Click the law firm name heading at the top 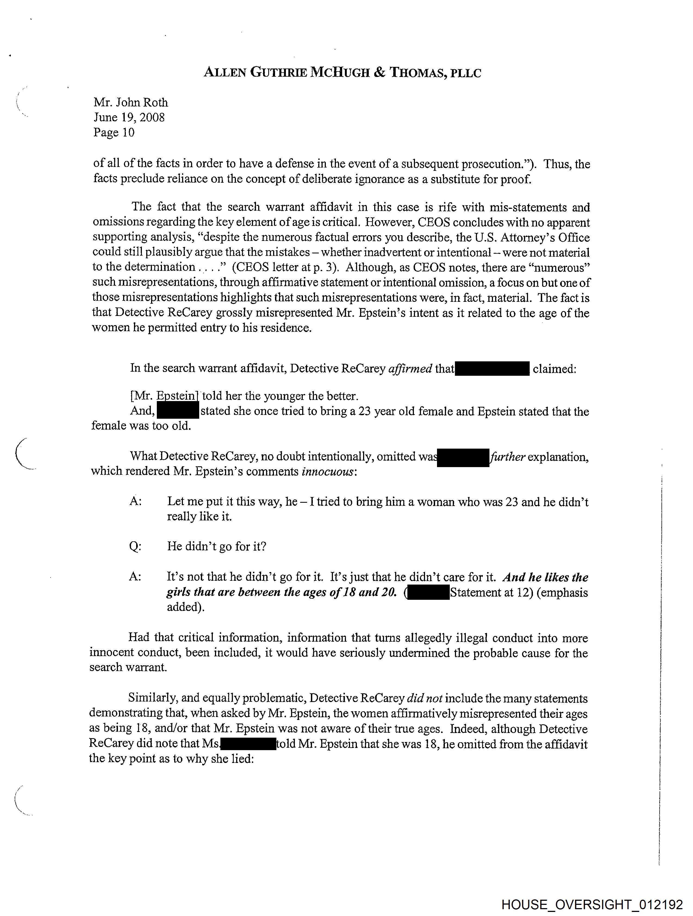[x=342, y=73]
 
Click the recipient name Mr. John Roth [x=131, y=102]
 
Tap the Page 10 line [x=114, y=132]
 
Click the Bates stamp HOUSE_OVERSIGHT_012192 [x=592, y=904]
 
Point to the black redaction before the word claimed [x=492, y=368]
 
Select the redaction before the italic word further [x=463, y=457]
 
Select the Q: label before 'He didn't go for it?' [x=135, y=546]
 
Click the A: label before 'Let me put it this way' [x=135, y=501]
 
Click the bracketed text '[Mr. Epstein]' [x=164, y=396]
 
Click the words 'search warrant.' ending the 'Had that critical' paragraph [x=128, y=667]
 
